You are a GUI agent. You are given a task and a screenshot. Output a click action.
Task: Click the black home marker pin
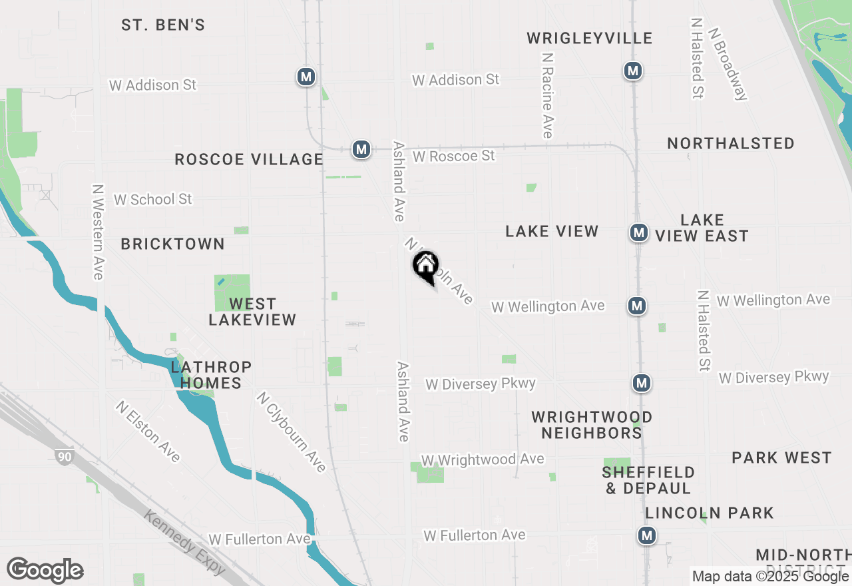pyautogui.click(x=426, y=266)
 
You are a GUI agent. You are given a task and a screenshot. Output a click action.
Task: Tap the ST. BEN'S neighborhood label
pyautogui.click(x=163, y=25)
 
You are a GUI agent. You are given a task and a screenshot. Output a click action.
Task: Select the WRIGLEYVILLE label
pyautogui.click(x=589, y=38)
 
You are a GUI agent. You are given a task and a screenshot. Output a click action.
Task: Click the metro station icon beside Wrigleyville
pyautogui.click(x=632, y=70)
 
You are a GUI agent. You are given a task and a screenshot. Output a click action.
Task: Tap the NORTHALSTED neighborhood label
pyautogui.click(x=730, y=143)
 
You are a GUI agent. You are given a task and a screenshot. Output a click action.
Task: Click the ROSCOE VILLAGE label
pyautogui.click(x=248, y=159)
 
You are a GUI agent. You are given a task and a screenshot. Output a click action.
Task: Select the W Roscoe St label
pyautogui.click(x=453, y=156)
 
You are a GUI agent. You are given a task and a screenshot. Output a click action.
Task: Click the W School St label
pyautogui.click(x=152, y=199)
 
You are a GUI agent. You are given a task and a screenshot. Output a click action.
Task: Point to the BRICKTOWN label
pyautogui.click(x=172, y=244)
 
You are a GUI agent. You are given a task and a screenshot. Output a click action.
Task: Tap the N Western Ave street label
pyautogui.click(x=99, y=232)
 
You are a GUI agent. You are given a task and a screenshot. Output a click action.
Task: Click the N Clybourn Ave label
pyautogui.click(x=292, y=432)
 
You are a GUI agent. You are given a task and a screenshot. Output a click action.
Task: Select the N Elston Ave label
pyautogui.click(x=148, y=431)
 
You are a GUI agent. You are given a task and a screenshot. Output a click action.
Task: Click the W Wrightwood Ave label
pyautogui.click(x=482, y=459)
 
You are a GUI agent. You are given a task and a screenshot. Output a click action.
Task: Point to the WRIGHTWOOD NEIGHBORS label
pyautogui.click(x=591, y=425)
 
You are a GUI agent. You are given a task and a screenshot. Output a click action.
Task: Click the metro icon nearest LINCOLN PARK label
pyautogui.click(x=646, y=535)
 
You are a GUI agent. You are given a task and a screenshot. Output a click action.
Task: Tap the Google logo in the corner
pyautogui.click(x=45, y=570)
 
